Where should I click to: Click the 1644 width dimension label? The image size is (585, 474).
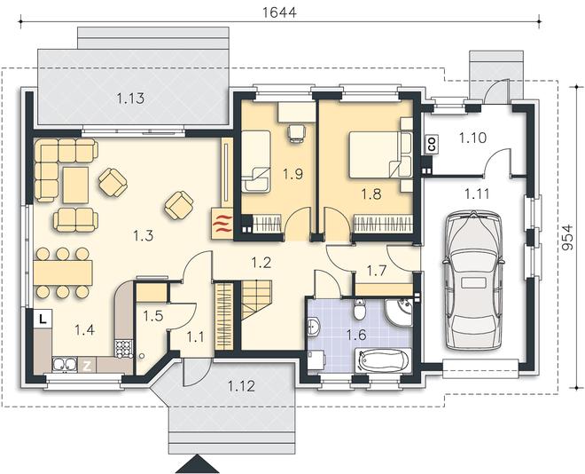[279, 12]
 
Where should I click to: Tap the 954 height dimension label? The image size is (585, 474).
[566, 237]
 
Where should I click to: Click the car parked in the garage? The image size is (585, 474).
[473, 280]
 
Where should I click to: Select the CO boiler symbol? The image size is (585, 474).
[432, 144]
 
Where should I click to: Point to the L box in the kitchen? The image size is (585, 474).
[43, 320]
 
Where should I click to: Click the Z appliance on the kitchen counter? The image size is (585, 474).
[87, 366]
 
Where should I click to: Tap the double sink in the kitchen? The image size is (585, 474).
[64, 365]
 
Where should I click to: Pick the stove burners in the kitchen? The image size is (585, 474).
[123, 349]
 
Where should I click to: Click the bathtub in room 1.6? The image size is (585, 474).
[383, 360]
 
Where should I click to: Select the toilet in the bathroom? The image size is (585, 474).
[359, 309]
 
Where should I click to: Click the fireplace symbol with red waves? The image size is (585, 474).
[222, 224]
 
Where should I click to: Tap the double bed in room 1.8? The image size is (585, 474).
[379, 154]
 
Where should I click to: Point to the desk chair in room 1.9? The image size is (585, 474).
[297, 134]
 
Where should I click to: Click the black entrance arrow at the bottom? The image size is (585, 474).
[198, 464]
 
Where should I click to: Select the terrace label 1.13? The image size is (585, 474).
[130, 99]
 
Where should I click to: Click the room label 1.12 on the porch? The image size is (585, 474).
[241, 386]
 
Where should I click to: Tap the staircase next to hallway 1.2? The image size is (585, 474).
[256, 299]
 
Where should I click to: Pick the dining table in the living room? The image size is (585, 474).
[63, 273]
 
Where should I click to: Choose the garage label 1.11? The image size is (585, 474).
[477, 194]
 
